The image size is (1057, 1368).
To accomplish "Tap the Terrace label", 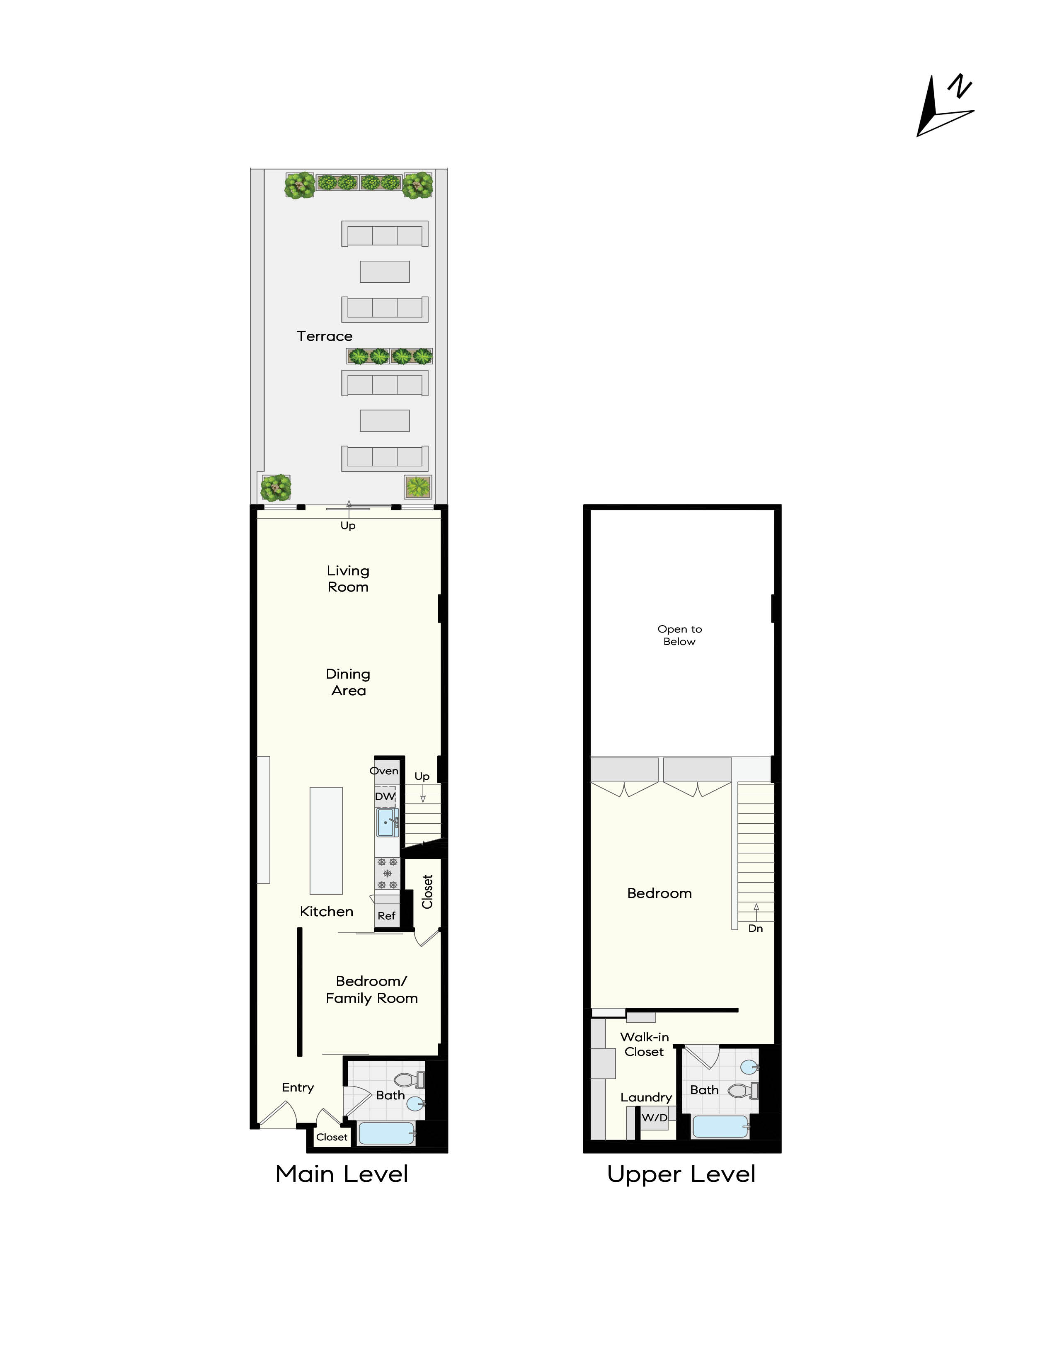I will [x=325, y=336].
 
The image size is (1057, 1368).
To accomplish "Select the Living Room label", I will [x=348, y=579].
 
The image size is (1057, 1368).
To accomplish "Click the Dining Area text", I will [x=348, y=682].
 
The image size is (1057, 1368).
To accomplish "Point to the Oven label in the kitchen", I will [x=384, y=771].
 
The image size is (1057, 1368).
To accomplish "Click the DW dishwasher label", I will [x=385, y=797].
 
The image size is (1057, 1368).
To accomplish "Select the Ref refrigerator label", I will [x=386, y=916].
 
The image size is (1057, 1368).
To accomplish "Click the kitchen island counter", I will [x=326, y=841].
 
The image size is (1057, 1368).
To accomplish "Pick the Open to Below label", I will [x=679, y=635].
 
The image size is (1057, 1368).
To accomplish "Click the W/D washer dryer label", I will [x=655, y=1118].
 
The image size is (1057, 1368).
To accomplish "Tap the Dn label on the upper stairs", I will [x=756, y=928].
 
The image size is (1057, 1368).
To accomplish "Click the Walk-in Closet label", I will [x=644, y=1044].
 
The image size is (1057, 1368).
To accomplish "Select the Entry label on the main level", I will [x=298, y=1087].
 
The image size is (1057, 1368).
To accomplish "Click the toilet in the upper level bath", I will [x=741, y=1091].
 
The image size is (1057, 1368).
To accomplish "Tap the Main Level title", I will [x=342, y=1174].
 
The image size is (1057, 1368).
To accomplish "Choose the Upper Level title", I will [x=681, y=1174].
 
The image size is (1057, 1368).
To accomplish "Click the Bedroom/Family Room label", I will [x=371, y=990].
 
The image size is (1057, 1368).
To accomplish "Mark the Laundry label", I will [x=646, y=1097].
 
